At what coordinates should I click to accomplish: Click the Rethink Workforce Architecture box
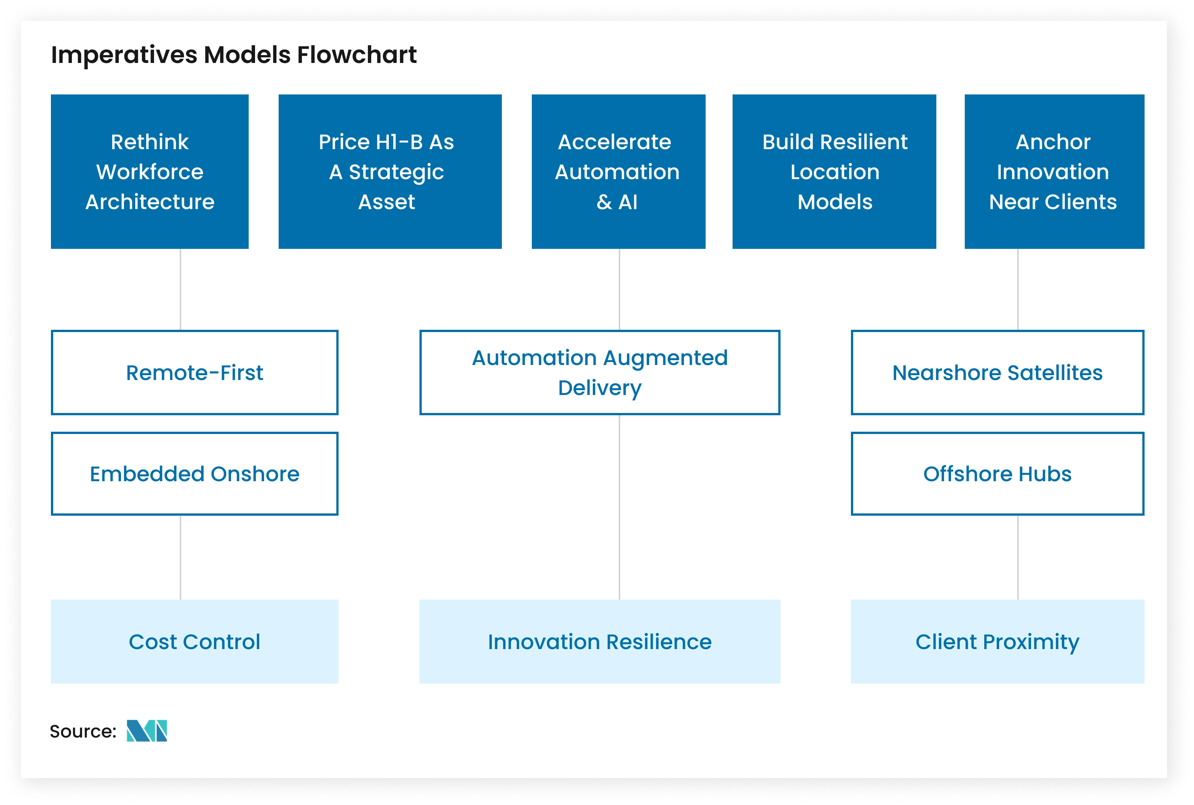point(149,172)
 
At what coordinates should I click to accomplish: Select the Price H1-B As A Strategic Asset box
point(390,172)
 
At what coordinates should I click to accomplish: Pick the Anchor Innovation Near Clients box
point(1054,172)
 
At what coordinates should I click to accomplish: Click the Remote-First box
point(194,372)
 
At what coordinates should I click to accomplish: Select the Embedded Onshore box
point(194,473)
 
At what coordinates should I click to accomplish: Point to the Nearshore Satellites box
point(997,372)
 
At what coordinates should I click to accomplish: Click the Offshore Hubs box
point(997,473)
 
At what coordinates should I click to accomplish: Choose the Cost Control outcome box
point(194,641)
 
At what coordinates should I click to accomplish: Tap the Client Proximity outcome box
point(997,641)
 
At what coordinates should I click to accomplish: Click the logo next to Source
point(147,730)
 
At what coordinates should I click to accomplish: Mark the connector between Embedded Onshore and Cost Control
point(181,557)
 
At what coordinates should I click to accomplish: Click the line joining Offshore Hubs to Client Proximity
point(1018,557)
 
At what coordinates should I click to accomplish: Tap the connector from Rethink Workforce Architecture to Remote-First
point(181,289)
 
